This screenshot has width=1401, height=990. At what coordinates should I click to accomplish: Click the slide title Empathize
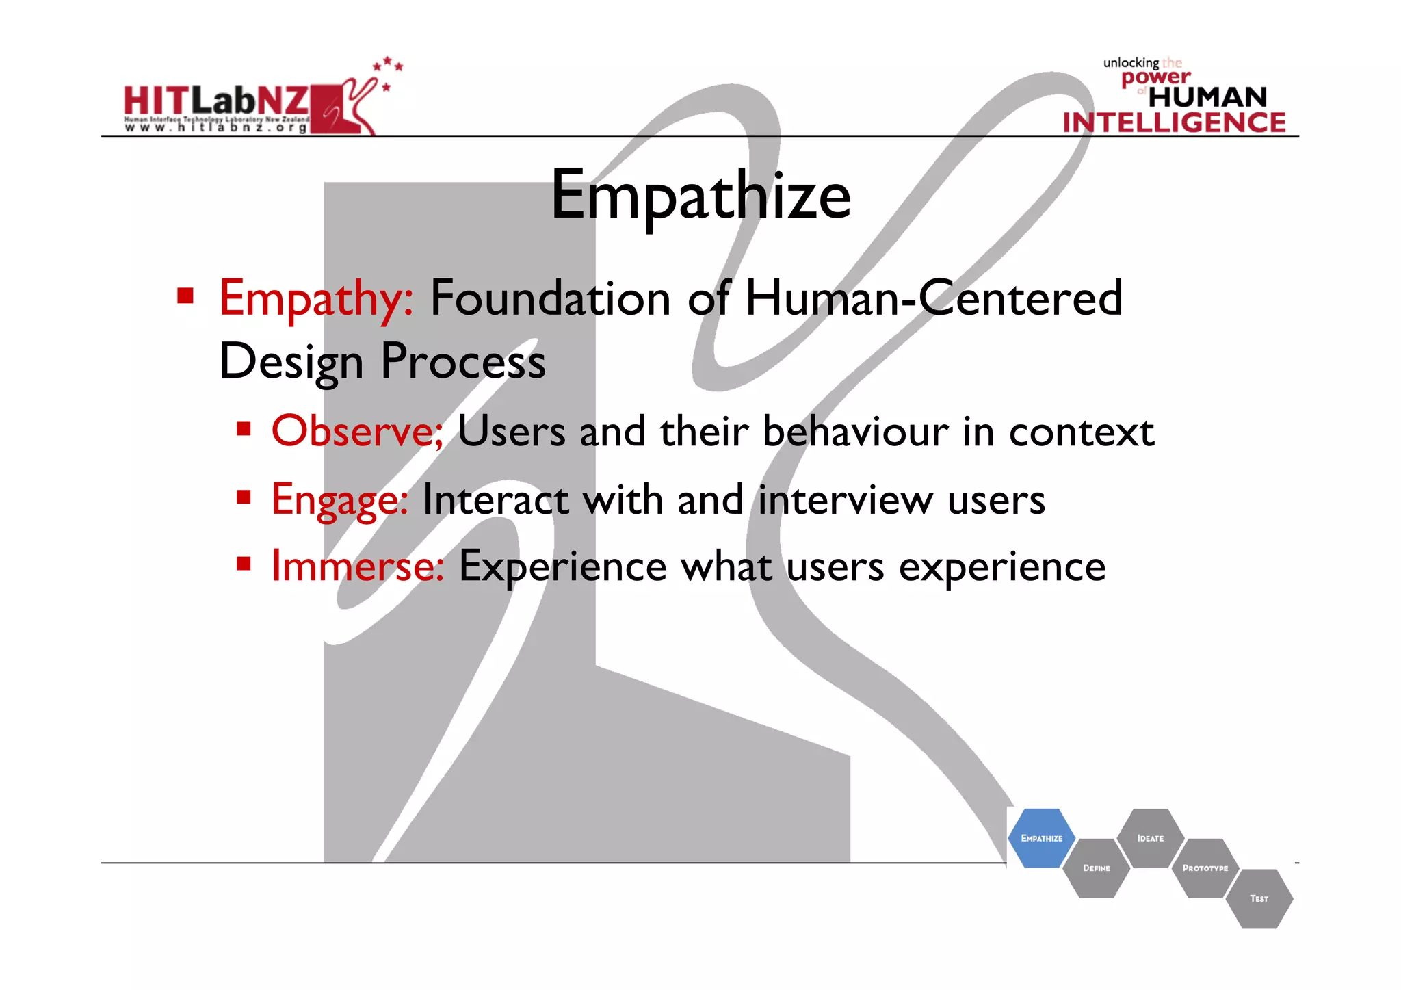pyautogui.click(x=700, y=196)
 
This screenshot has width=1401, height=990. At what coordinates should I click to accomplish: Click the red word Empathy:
pyautogui.click(x=316, y=299)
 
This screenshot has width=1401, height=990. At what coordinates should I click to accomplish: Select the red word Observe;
pyautogui.click(x=357, y=431)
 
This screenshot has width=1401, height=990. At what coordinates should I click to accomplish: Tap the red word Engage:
pyautogui.click(x=340, y=499)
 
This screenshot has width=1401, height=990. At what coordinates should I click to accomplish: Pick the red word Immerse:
pyautogui.click(x=357, y=566)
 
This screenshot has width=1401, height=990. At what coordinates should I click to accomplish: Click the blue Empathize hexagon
pyautogui.click(x=1041, y=838)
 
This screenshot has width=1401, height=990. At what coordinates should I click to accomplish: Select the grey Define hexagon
pyautogui.click(x=1096, y=868)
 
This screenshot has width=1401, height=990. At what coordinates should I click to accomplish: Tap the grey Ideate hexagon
pyautogui.click(x=1150, y=838)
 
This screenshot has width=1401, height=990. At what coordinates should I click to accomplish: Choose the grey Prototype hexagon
pyautogui.click(x=1205, y=868)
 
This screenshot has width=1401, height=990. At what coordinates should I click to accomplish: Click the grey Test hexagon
pyautogui.click(x=1259, y=898)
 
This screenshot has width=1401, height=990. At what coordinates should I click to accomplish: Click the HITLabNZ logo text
pyautogui.click(x=216, y=101)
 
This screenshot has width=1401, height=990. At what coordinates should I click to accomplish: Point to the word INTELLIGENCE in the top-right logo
pyautogui.click(x=1174, y=122)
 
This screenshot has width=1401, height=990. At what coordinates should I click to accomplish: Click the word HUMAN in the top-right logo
pyautogui.click(x=1207, y=97)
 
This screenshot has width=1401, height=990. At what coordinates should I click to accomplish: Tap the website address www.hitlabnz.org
pyautogui.click(x=216, y=128)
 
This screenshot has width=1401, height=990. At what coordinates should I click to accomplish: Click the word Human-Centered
pyautogui.click(x=933, y=299)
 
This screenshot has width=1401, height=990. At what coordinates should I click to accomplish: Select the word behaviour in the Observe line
pyautogui.click(x=855, y=432)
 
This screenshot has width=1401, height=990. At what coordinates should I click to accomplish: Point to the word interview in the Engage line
pyautogui.click(x=846, y=499)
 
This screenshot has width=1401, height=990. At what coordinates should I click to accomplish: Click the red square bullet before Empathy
pyautogui.click(x=185, y=296)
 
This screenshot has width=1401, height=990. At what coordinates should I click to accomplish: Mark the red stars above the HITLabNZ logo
pyautogui.click(x=388, y=68)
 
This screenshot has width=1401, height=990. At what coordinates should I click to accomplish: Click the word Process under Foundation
pyautogui.click(x=462, y=362)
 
